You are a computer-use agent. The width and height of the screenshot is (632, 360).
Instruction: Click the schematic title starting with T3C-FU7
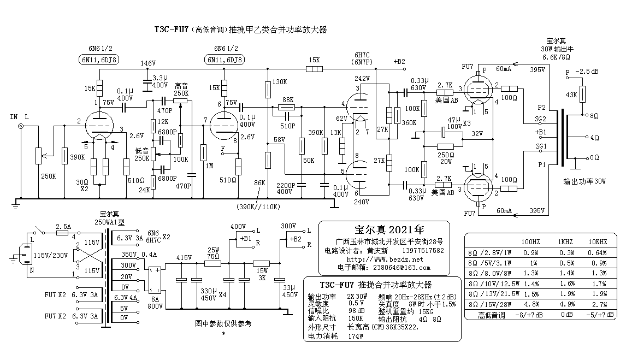(240, 29)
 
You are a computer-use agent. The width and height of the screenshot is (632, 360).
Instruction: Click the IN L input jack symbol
(21, 127)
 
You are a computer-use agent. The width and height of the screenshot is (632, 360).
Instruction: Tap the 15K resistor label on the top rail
(314, 60)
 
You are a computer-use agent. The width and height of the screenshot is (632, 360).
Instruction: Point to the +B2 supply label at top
(399, 62)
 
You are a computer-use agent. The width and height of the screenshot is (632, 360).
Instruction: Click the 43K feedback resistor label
(571, 95)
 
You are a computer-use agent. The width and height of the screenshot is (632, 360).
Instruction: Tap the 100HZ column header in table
(530, 241)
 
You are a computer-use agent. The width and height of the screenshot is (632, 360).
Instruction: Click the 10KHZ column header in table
(598, 241)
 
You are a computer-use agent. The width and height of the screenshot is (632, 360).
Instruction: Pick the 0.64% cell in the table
(598, 252)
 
